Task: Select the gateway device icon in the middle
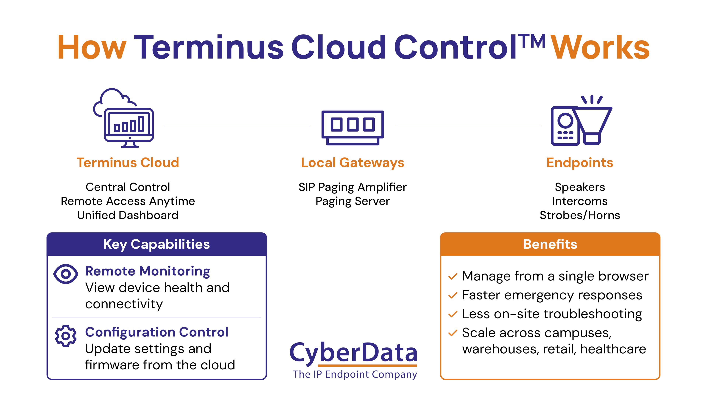coord(353,128)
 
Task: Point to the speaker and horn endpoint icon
coord(581,121)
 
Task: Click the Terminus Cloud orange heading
coord(128,162)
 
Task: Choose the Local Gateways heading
coord(353,162)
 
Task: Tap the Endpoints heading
coord(580,162)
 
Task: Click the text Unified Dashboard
coord(128,215)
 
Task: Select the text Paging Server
coord(353,201)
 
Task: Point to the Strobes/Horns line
coord(580,215)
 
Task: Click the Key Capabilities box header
coord(156,244)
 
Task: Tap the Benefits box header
coord(550,244)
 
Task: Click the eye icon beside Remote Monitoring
coord(66,274)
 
